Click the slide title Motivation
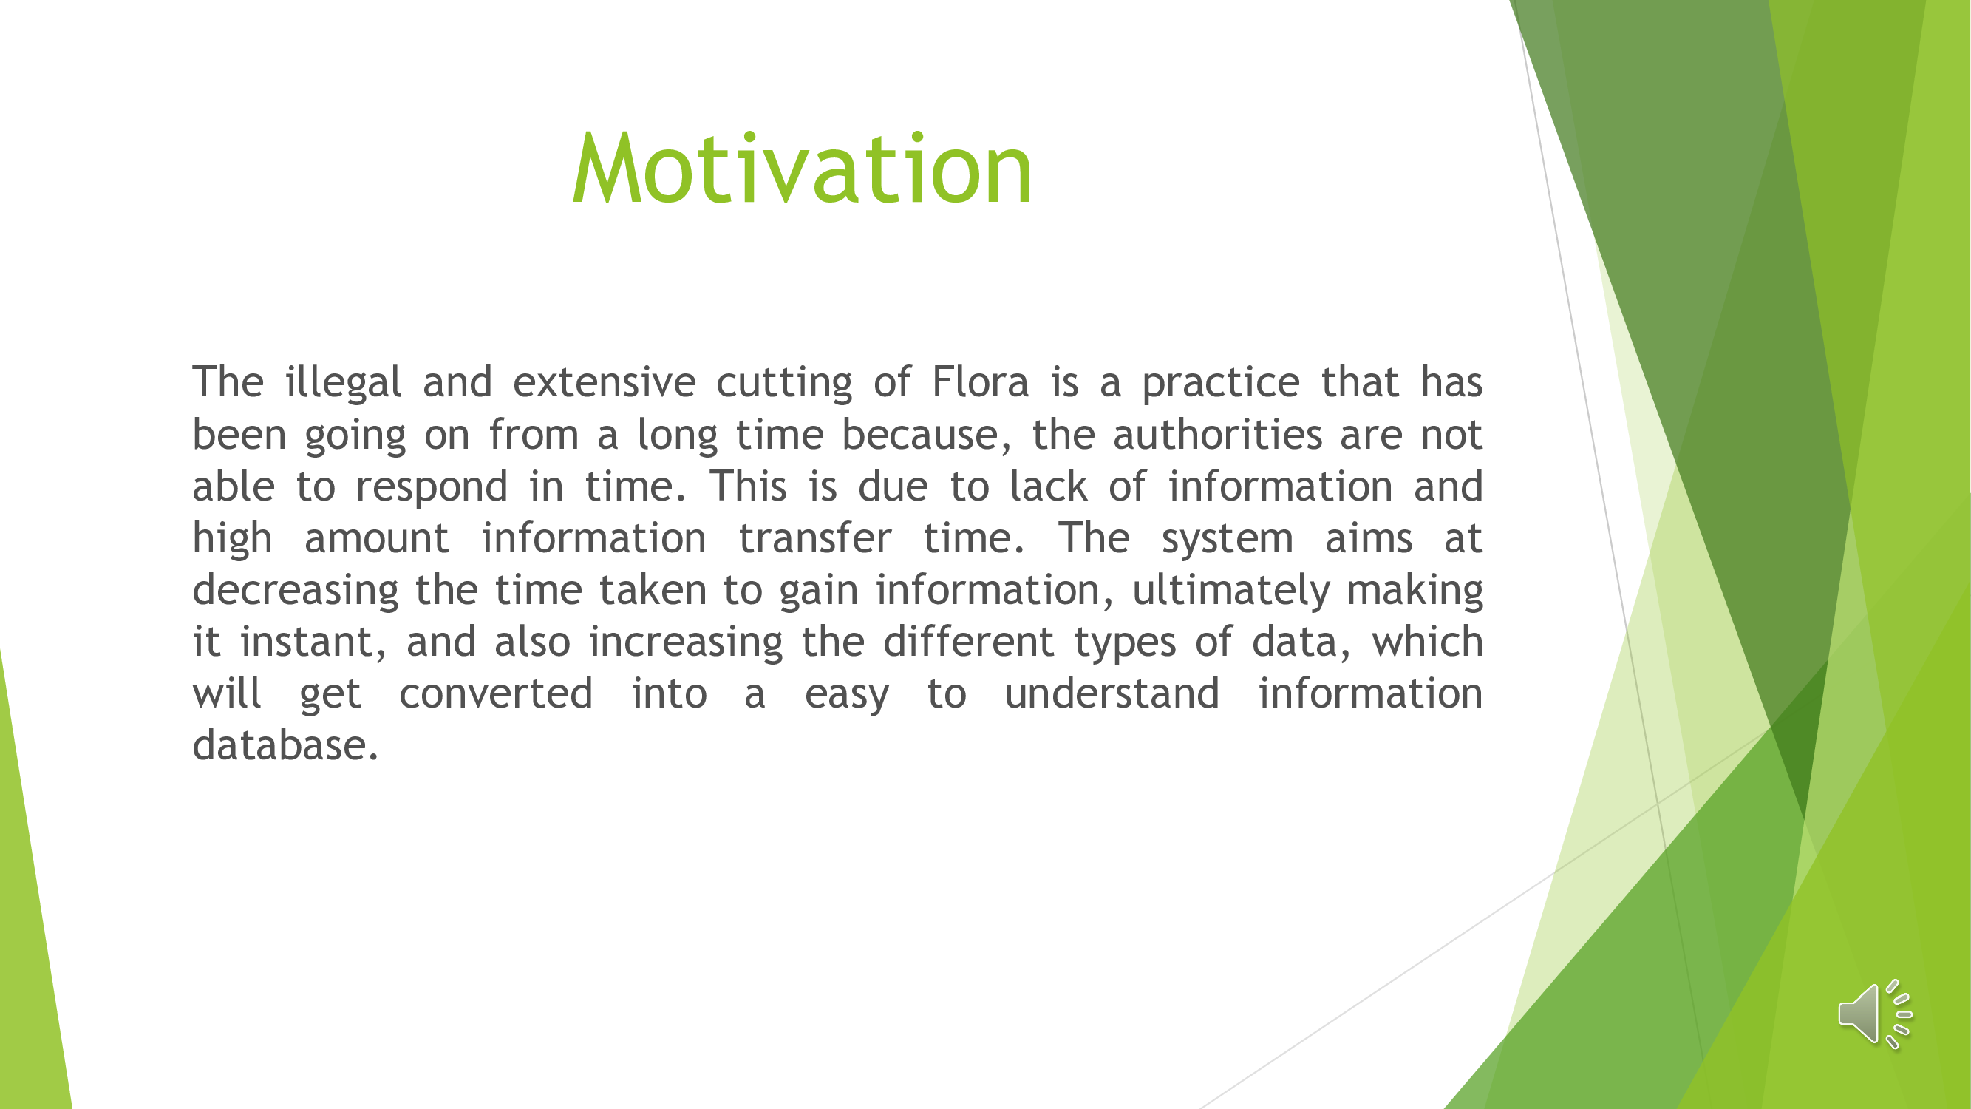click(x=803, y=168)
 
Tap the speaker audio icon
click(x=1875, y=1014)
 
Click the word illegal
click(x=343, y=383)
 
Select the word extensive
click(x=605, y=382)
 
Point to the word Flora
click(x=980, y=381)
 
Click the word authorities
click(x=1217, y=434)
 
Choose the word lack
click(x=1048, y=485)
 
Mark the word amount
click(x=376, y=539)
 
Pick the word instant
click(x=313, y=642)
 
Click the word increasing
click(x=687, y=643)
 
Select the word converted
click(x=496, y=693)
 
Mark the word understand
click(x=1112, y=693)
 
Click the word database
click(x=285, y=745)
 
